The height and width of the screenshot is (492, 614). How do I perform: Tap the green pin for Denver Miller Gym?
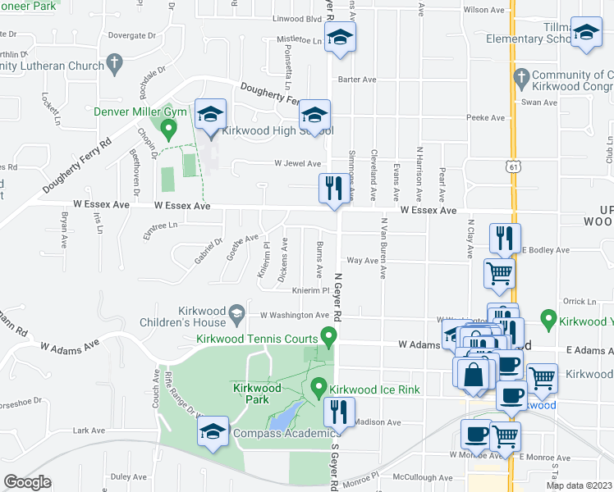pyautogui.click(x=168, y=129)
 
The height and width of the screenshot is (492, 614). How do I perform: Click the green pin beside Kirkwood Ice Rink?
pyautogui.click(x=320, y=385)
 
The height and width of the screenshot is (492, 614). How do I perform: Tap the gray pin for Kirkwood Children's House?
pyautogui.click(x=237, y=312)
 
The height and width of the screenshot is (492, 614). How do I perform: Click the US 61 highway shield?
pyautogui.click(x=512, y=166)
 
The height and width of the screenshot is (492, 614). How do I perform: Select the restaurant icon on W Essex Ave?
pyautogui.click(x=332, y=189)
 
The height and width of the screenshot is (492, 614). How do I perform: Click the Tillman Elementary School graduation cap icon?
pyautogui.click(x=586, y=33)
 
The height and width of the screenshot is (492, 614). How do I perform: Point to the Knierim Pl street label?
pyautogui.click(x=310, y=290)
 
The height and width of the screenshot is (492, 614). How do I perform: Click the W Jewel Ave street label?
pyautogui.click(x=297, y=163)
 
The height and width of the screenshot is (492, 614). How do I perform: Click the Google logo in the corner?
pyautogui.click(x=28, y=481)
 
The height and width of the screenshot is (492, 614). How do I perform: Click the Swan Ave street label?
pyautogui.click(x=538, y=102)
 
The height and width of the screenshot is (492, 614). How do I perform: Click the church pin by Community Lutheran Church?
pyautogui.click(x=116, y=61)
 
